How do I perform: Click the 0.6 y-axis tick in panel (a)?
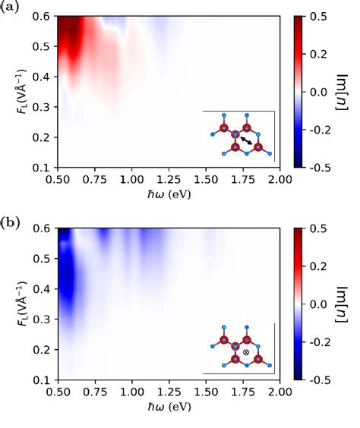coord(45,16)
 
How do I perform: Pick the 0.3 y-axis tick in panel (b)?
coord(45,319)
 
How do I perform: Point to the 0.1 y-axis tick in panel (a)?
coord(45,167)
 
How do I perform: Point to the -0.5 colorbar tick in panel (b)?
coord(321,379)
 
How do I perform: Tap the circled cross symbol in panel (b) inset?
coord(246,352)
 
